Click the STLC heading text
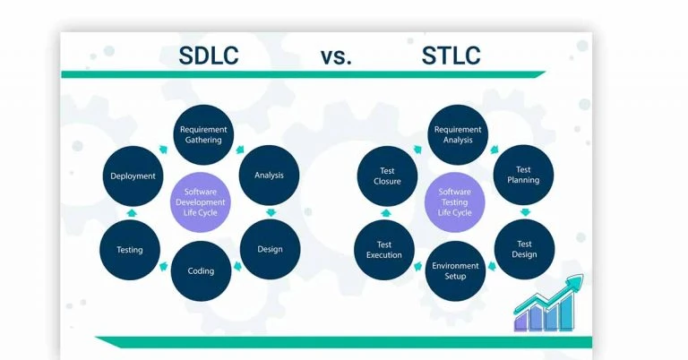pos(451,56)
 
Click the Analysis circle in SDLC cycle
pos(269,175)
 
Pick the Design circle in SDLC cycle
pos(269,250)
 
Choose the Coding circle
pos(200,270)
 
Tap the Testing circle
pos(130,250)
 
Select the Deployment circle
pos(133,176)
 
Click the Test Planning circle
pos(524,175)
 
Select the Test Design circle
pos(524,249)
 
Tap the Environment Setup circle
pos(455,270)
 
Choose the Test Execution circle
pos(384,249)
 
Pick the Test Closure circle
pos(386,175)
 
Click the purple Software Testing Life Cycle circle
pos(454,202)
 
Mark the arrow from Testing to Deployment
pos(131,212)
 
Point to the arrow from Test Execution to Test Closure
pos(385,212)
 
